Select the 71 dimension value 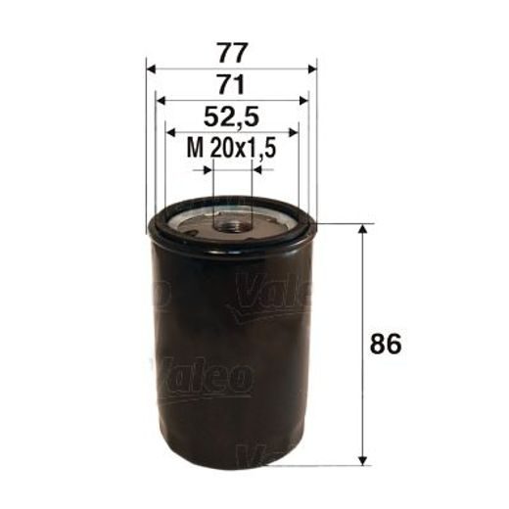[232, 82]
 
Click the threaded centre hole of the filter [232, 224]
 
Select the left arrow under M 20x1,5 [207, 169]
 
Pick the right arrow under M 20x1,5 [256, 169]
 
